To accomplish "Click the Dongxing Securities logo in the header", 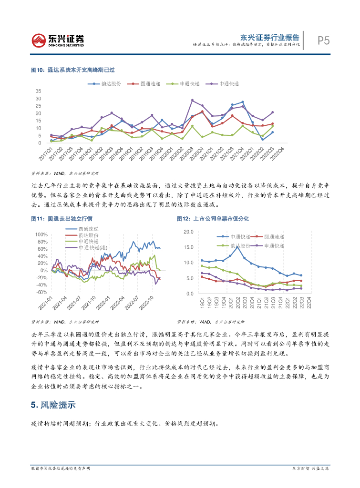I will pyautogui.click(x=58, y=40).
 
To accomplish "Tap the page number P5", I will pyautogui.click(x=323, y=41).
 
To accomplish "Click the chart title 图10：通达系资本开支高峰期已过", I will pyautogui.click(x=73, y=70).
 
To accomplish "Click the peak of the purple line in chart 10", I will pyautogui.click(x=192, y=100).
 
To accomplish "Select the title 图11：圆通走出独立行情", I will pyautogui.click(x=61, y=219).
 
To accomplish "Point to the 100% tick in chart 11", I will pyautogui.click(x=41, y=235).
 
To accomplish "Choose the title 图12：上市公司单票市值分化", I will pyautogui.click(x=213, y=219).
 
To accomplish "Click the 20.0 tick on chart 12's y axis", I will pyautogui.click(x=188, y=232).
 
